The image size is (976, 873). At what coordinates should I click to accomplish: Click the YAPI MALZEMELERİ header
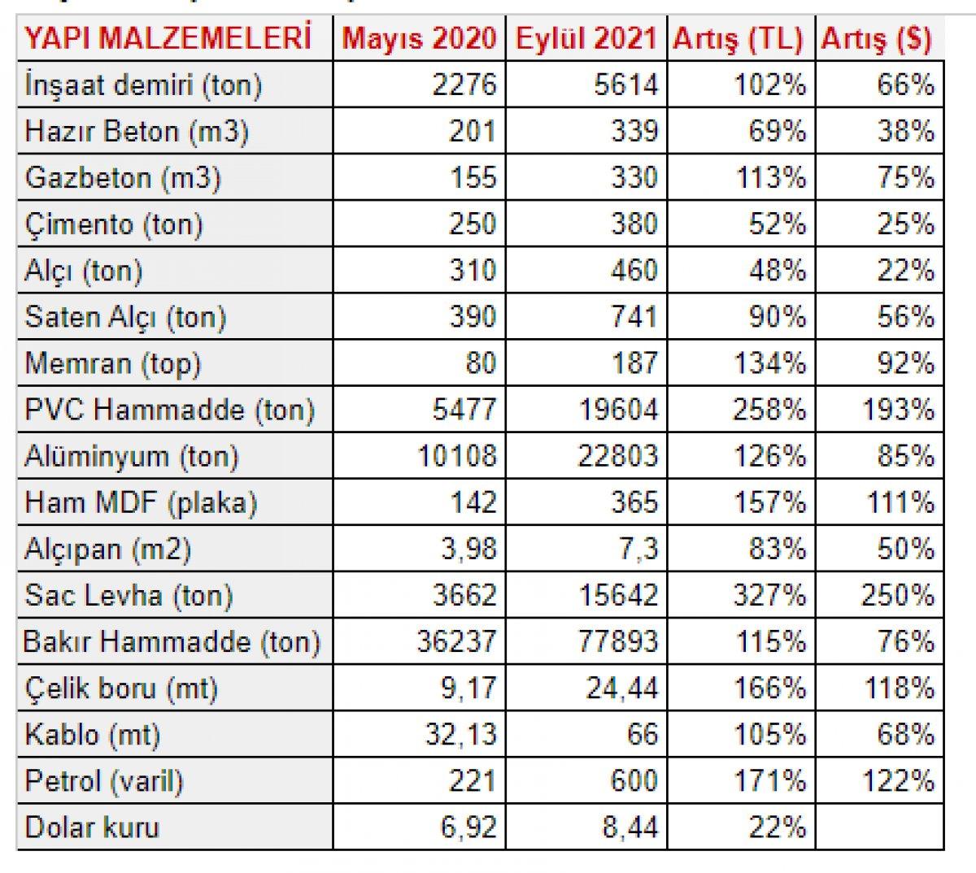click(168, 39)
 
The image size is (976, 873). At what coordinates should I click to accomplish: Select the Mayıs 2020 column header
click(419, 39)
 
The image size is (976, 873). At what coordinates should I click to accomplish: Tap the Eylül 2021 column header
click(586, 39)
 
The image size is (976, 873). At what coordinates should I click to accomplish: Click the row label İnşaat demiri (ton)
click(144, 85)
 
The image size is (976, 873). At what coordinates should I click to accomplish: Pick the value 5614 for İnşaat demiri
click(626, 85)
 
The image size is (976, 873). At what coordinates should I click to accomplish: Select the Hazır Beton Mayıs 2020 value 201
click(472, 131)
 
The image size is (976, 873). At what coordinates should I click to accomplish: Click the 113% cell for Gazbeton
click(769, 177)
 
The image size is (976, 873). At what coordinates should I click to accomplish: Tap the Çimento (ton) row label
click(114, 224)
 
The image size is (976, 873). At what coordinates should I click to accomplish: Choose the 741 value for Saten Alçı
click(634, 316)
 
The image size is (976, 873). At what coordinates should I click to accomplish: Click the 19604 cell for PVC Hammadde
click(618, 410)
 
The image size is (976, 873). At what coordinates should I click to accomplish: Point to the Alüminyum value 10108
click(457, 456)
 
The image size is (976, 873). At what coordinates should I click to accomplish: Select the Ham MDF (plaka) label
click(141, 502)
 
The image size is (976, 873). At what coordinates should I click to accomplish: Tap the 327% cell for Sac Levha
click(769, 595)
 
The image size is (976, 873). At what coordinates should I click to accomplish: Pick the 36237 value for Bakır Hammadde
click(457, 641)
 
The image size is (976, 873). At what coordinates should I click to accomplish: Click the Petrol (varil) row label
click(104, 781)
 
